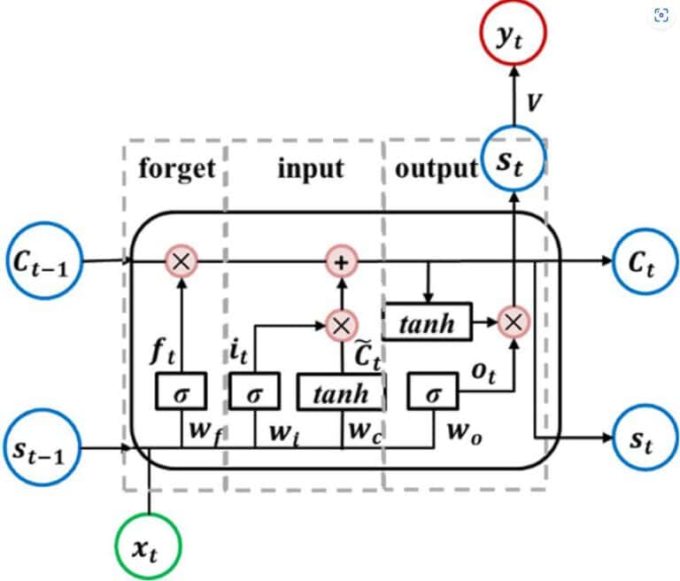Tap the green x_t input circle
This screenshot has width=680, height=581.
click(148, 547)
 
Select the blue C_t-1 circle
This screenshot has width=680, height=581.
click(41, 260)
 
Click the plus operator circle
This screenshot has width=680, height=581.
click(339, 260)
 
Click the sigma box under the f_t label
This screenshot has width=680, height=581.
click(180, 391)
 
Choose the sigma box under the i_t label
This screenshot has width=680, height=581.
click(254, 391)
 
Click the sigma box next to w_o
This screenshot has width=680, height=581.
click(432, 391)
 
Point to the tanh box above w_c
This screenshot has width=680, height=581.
click(340, 391)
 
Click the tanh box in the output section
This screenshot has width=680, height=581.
click(428, 324)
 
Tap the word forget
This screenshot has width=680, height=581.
click(177, 168)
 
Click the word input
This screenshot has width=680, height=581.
click(310, 168)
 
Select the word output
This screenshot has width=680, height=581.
click(436, 168)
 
